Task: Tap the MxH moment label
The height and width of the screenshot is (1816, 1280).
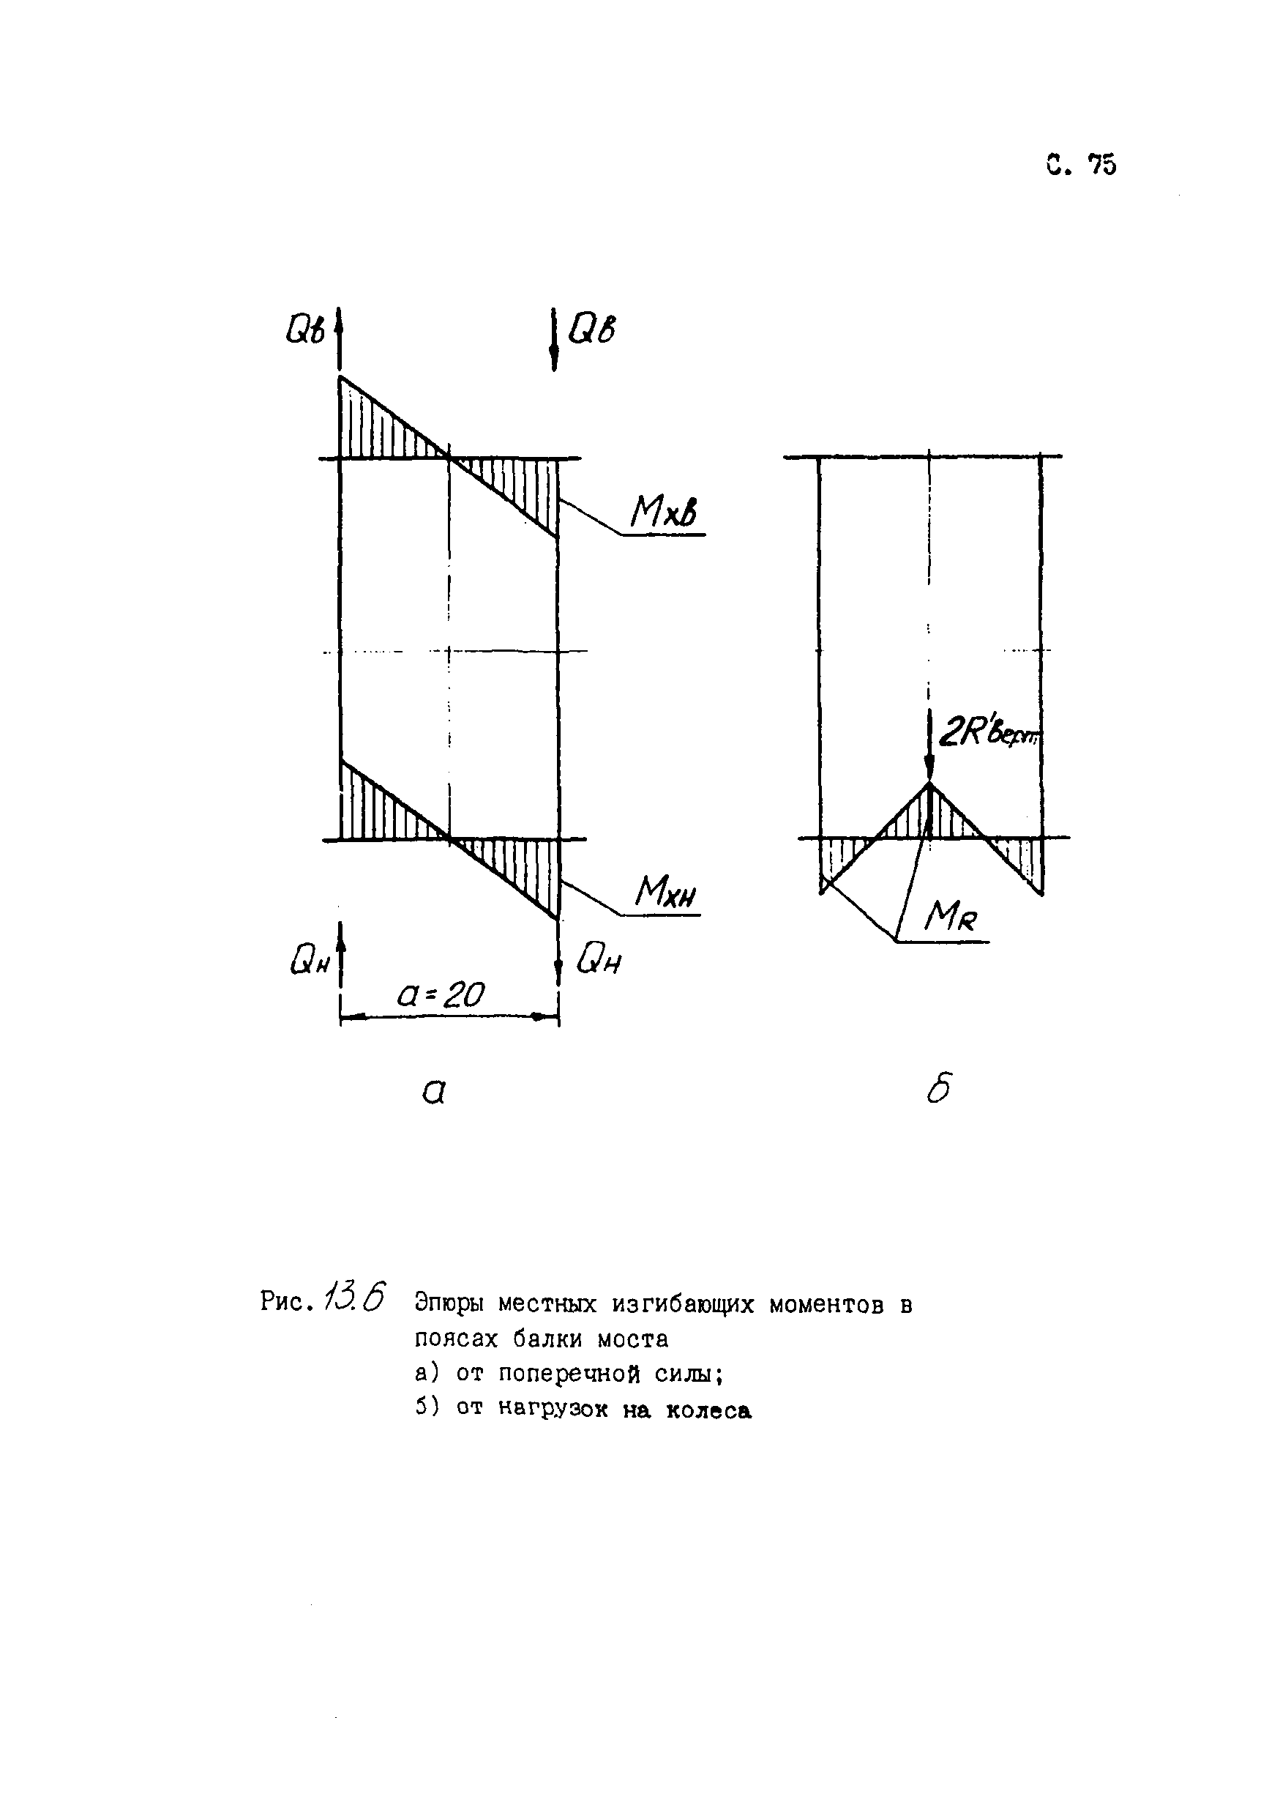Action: point(667,894)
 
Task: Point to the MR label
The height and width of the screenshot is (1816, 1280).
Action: point(951,919)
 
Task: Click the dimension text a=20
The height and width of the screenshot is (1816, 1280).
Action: point(441,994)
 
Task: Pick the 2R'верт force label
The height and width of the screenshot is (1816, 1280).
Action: point(988,734)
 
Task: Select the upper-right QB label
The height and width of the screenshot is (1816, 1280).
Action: point(591,329)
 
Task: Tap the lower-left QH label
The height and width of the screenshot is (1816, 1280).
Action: point(309,961)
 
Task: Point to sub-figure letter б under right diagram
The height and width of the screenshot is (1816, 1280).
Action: point(938,1089)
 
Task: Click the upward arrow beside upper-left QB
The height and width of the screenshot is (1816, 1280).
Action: point(339,336)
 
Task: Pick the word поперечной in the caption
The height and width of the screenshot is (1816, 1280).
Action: point(569,1374)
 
